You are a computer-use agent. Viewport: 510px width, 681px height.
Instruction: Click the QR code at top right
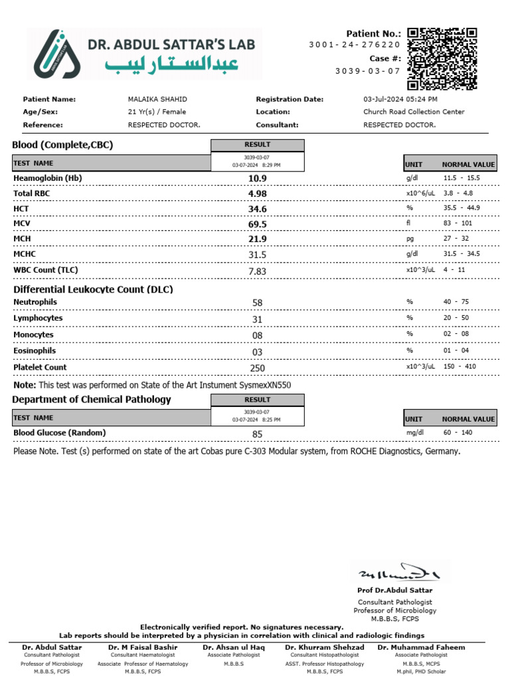point(442,59)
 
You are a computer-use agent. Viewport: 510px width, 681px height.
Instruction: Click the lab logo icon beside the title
point(58,54)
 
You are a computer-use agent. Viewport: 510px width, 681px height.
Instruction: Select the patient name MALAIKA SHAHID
point(158,99)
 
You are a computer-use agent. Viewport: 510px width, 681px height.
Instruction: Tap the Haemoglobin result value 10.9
point(258,178)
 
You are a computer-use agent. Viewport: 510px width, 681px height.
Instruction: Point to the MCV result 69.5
point(258,224)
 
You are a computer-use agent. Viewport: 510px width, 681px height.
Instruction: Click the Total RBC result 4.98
point(258,194)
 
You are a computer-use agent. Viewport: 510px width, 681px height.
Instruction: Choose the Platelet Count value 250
point(258,368)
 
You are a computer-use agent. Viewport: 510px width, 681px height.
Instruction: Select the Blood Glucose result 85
point(258,434)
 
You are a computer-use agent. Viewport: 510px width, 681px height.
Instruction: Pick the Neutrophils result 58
point(258,303)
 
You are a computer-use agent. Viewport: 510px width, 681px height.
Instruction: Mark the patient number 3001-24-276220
point(354,45)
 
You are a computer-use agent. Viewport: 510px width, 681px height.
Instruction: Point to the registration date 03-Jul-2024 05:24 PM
point(400,99)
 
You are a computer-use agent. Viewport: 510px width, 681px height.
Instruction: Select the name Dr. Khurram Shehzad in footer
point(325,647)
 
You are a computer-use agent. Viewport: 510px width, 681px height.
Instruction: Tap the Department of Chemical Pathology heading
point(92,399)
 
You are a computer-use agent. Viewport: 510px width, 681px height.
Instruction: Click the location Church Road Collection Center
point(414,112)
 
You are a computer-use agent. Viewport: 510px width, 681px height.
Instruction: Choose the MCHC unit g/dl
point(413,253)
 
